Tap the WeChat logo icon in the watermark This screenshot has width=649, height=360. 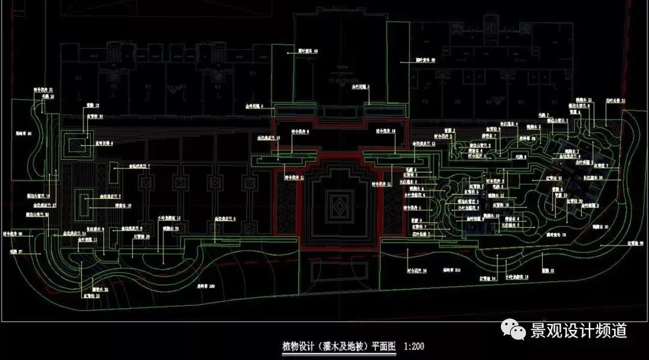514,329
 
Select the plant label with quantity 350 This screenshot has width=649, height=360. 451,271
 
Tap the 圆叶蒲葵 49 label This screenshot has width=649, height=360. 308,52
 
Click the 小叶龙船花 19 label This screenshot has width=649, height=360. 516,277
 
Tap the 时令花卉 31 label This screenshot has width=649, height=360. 43,90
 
